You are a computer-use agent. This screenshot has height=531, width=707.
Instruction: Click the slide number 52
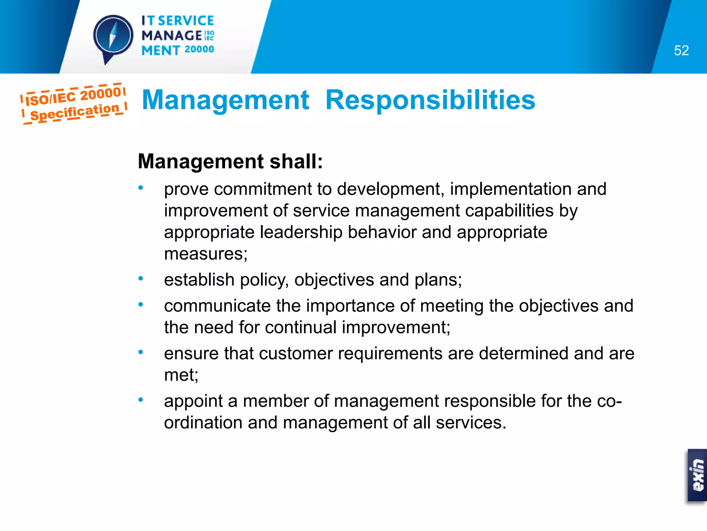point(681,51)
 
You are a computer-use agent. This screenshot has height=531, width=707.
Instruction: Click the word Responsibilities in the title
point(430,100)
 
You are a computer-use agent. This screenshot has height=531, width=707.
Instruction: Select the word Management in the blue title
point(225,100)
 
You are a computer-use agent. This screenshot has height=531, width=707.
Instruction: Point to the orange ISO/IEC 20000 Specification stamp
point(74,103)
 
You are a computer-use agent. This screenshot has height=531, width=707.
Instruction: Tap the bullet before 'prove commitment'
point(141,188)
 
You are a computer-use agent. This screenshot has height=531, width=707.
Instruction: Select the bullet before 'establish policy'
point(141,279)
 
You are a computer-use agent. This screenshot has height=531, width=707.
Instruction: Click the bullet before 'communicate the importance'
point(141,305)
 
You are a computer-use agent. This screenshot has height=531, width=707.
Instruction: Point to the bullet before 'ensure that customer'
point(141,352)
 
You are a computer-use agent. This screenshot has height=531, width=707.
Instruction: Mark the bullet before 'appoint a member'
point(141,400)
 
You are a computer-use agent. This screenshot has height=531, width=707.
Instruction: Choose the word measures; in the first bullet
point(206,254)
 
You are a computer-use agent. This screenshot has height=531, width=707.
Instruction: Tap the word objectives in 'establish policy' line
point(334,280)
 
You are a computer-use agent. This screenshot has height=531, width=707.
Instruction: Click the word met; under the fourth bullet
point(181,375)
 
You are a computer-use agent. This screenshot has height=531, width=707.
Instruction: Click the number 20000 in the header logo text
point(199,49)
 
